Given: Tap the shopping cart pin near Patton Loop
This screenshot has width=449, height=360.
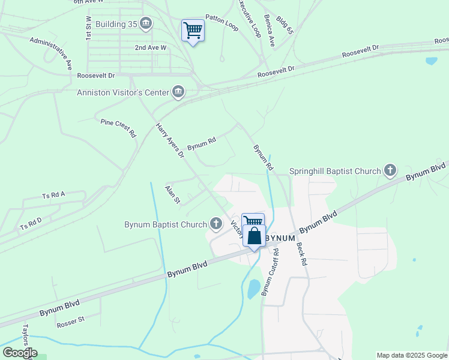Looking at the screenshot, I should (x=193, y=30).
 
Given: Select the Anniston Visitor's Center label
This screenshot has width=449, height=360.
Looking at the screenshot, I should (x=123, y=92).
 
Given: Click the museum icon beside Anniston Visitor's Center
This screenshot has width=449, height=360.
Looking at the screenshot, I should (x=178, y=92).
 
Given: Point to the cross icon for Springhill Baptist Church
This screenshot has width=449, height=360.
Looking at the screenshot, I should (x=390, y=171).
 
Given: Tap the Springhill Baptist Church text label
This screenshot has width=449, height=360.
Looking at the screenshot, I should (x=335, y=172).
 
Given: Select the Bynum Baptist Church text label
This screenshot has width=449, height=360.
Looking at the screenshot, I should (x=165, y=226).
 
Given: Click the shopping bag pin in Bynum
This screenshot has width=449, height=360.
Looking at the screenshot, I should (x=254, y=236).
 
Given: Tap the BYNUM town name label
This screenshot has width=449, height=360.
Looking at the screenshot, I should (x=281, y=238).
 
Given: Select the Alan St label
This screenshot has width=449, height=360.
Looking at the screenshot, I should (x=173, y=194).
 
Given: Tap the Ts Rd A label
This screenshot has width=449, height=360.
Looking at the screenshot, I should (x=53, y=195).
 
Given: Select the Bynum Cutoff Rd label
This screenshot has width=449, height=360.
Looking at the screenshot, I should (x=270, y=270).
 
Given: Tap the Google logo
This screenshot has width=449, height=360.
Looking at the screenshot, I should (x=19, y=353).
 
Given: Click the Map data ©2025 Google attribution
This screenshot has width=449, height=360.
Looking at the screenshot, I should (x=412, y=355).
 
